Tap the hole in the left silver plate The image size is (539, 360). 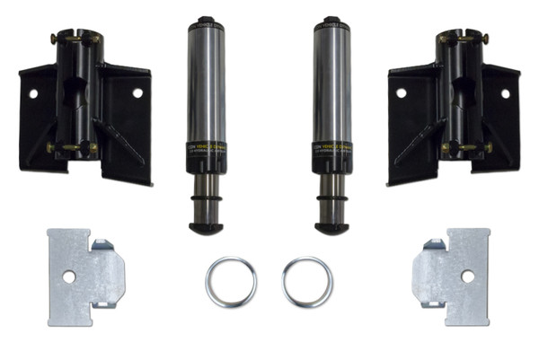pos(69,277)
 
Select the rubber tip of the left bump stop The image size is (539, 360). pos(206,227)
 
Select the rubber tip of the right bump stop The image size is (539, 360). pos(331,227)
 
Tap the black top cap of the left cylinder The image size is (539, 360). pos(206,19)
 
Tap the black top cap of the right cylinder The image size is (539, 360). pos(331,19)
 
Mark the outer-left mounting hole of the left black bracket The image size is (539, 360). pos(33,92)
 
